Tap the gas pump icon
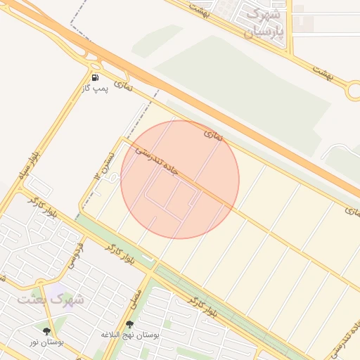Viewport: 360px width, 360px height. coord(95,77)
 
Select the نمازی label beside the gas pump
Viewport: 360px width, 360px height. coord(124,86)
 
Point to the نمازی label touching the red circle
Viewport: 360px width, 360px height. coord(212,134)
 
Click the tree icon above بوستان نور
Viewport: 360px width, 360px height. coord(47,330)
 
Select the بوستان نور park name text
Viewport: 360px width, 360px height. coord(46,342)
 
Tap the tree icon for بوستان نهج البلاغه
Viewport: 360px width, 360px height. coord(129,324)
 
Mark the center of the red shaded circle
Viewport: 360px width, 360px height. coord(180,179)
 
